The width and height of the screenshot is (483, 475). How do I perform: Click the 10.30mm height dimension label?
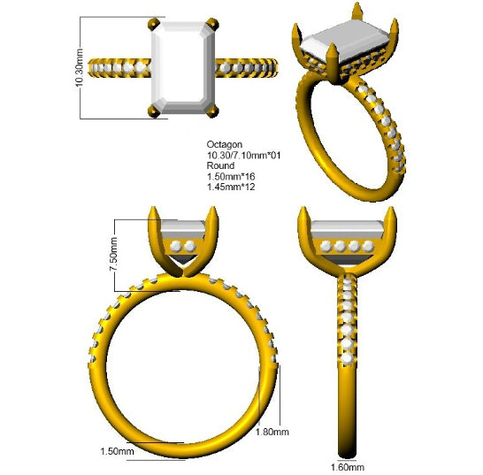point(80,67)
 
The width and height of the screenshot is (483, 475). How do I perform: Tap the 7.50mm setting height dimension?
point(113,255)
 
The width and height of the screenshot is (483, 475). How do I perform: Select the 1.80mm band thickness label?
point(272,432)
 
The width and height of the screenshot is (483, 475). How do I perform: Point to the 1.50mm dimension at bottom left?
point(117,451)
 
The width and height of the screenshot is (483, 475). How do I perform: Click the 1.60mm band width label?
point(348,467)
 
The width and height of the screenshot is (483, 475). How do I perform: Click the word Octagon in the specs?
point(225,144)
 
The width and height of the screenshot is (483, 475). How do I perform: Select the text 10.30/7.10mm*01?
point(243,155)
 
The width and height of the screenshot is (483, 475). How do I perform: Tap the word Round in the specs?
point(220,165)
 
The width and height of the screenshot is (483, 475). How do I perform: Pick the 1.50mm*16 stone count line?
point(231,176)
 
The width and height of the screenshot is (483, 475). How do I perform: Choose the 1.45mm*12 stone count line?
point(231,187)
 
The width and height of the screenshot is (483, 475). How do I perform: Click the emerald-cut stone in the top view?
point(183,68)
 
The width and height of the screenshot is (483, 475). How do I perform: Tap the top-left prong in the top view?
point(154,25)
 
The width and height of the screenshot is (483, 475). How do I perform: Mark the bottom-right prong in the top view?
point(212,111)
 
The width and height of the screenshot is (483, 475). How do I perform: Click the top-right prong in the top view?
point(212,25)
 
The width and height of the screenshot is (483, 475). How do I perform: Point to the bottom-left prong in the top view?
point(154,111)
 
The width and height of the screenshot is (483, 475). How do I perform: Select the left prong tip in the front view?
point(153,209)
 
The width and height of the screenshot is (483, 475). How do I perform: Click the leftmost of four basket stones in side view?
point(326,246)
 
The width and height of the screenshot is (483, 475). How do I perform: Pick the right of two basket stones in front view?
point(190,246)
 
